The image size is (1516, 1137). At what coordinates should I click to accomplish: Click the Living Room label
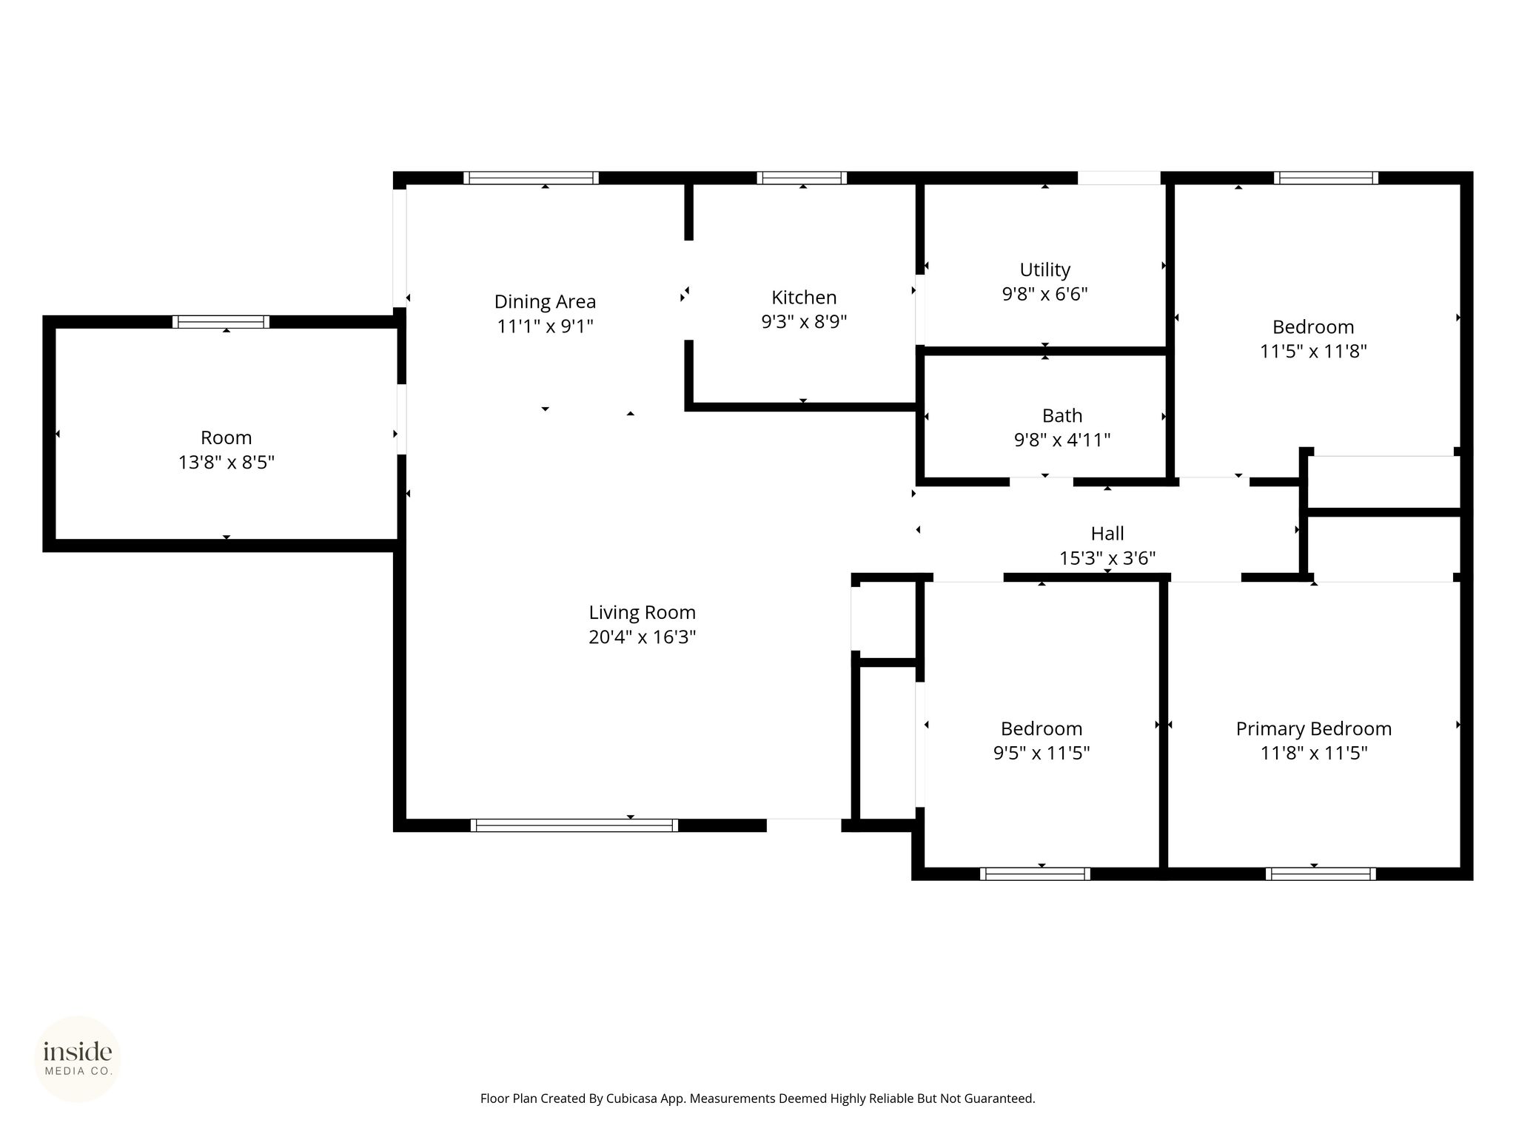[642, 613]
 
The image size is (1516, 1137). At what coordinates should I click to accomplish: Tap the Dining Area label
[545, 302]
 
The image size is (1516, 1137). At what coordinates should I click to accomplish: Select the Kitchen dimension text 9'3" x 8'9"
[804, 322]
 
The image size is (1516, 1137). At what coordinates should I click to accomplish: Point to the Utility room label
[1044, 270]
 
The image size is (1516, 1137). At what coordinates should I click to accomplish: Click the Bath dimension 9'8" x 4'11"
[1062, 440]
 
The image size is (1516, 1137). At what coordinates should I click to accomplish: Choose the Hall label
[1107, 534]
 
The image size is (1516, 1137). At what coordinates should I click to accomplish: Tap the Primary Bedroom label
[1314, 729]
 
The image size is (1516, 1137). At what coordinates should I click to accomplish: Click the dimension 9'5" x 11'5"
[1042, 754]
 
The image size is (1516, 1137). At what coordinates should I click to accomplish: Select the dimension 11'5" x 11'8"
[1313, 352]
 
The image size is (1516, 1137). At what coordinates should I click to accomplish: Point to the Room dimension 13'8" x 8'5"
[227, 463]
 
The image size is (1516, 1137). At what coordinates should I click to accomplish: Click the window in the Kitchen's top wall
[802, 178]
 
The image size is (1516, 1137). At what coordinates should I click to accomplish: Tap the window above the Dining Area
[531, 178]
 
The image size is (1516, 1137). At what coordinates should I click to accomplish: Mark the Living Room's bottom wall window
[574, 825]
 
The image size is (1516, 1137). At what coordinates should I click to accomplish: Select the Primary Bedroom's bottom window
[1321, 873]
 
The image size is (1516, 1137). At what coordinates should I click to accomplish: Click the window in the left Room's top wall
[221, 322]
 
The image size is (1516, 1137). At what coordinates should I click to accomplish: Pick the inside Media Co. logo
[78, 1059]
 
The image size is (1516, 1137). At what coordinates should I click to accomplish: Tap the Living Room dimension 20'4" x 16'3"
[642, 637]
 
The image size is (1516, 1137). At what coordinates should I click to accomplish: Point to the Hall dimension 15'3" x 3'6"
[1107, 558]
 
